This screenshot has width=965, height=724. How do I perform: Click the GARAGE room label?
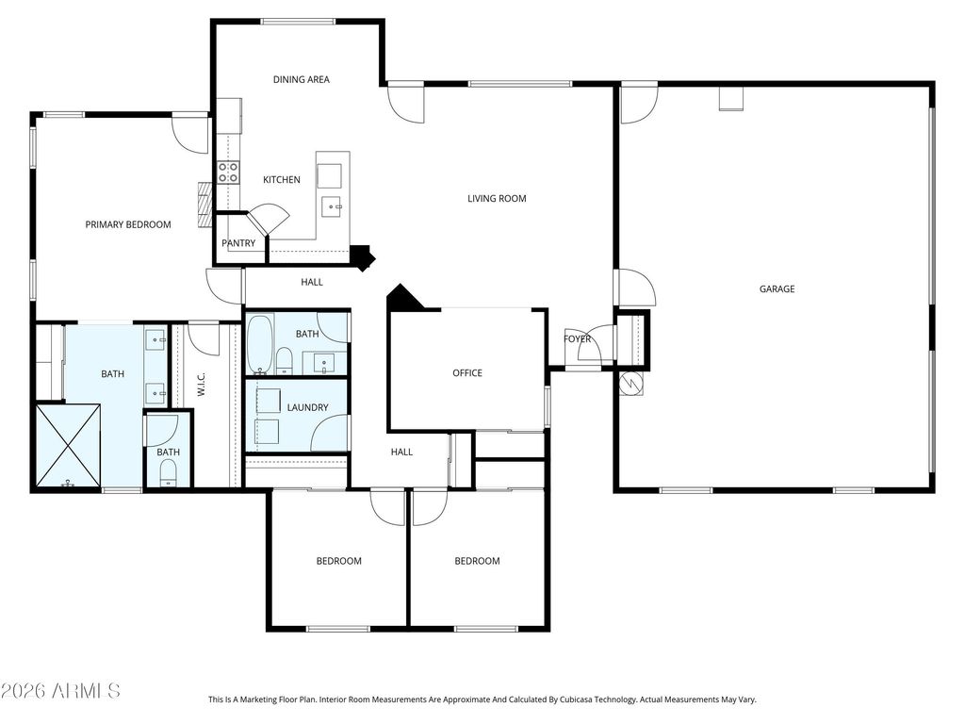(777, 288)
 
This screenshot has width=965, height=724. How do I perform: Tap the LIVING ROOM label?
(497, 198)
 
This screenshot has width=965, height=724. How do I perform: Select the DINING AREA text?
(301, 79)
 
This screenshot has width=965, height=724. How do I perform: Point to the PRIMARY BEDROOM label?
(128, 224)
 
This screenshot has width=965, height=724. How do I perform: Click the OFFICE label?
(467, 373)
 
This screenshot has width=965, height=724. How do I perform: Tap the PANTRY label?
(238, 243)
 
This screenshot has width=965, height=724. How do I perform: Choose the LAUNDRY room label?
(308, 407)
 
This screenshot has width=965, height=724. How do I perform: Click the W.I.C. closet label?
(202, 385)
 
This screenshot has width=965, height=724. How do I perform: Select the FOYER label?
(577, 338)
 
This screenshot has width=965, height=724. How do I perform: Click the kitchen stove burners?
(228, 173)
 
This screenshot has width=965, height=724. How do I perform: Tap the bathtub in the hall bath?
(260, 344)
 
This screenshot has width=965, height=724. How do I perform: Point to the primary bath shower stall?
(68, 445)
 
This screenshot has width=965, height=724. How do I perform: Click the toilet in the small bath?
(168, 473)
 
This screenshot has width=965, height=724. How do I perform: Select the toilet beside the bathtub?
(284, 361)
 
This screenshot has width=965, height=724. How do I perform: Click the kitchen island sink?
(333, 206)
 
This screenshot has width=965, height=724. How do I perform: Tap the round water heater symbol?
(631, 384)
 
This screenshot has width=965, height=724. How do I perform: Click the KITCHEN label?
(281, 180)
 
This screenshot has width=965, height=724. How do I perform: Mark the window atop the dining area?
(298, 22)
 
